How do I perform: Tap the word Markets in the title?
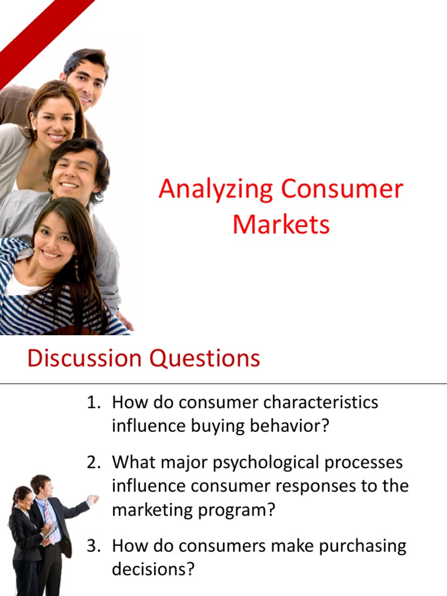(281, 225)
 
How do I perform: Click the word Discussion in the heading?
(84, 358)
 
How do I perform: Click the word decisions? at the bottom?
(152, 569)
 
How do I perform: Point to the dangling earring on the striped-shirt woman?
(76, 269)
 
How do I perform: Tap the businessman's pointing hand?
(93, 499)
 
